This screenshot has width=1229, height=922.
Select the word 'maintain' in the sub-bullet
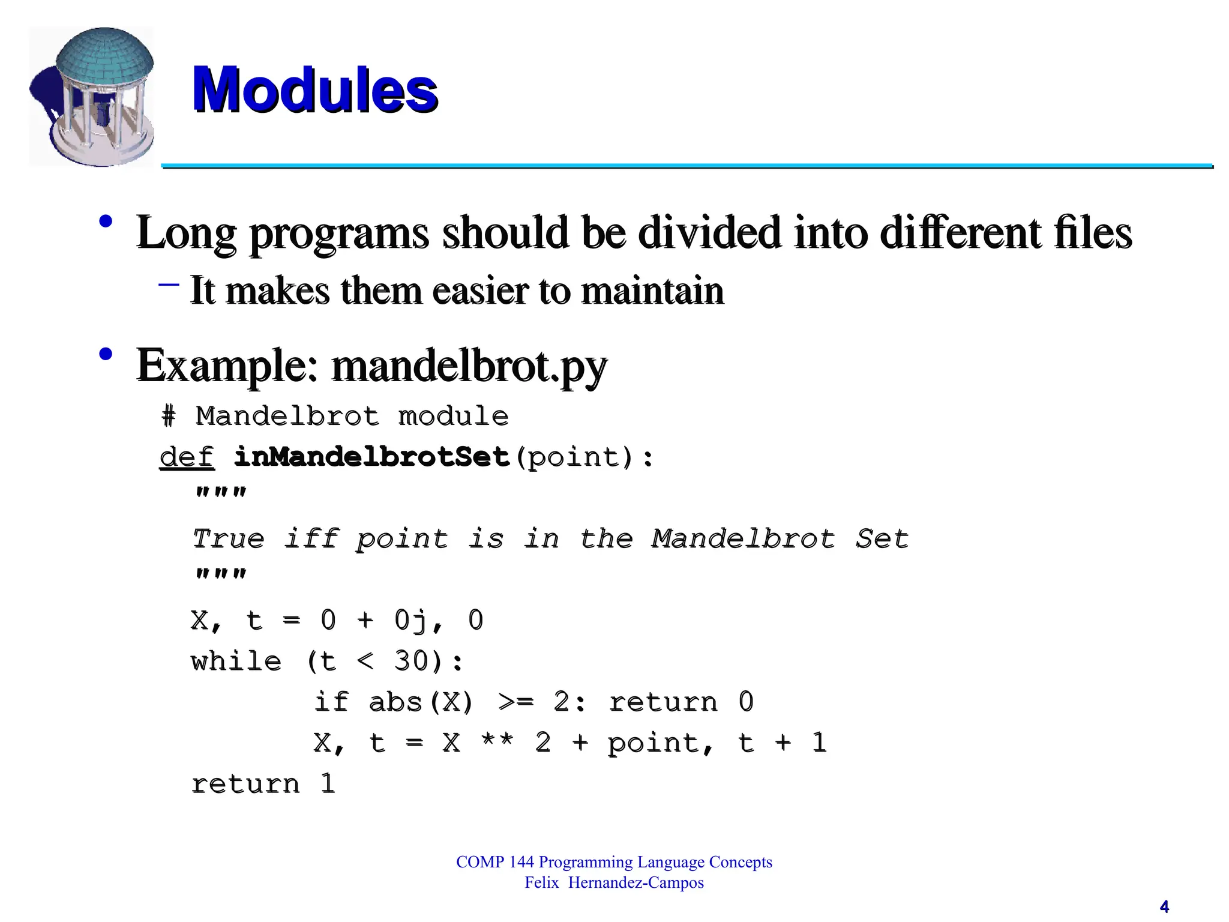(x=652, y=291)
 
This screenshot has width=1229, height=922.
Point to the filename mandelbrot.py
(x=469, y=366)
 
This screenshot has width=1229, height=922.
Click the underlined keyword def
(x=187, y=457)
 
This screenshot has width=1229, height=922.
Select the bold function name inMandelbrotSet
(x=371, y=457)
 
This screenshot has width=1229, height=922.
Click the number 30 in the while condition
(x=411, y=661)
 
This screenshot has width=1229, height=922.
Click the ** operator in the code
(x=497, y=743)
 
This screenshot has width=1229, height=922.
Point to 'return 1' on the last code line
(x=263, y=784)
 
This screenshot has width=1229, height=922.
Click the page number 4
(x=1164, y=906)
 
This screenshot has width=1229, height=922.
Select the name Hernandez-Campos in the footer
(x=636, y=883)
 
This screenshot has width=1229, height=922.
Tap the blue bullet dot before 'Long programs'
(x=106, y=221)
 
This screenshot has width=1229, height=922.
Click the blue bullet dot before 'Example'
(x=106, y=354)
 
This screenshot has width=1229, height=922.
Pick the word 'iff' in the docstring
(x=311, y=538)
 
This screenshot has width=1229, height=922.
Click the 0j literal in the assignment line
(x=411, y=621)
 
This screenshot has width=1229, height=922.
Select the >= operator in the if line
(x=515, y=702)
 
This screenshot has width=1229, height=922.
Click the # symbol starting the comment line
(x=169, y=417)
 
